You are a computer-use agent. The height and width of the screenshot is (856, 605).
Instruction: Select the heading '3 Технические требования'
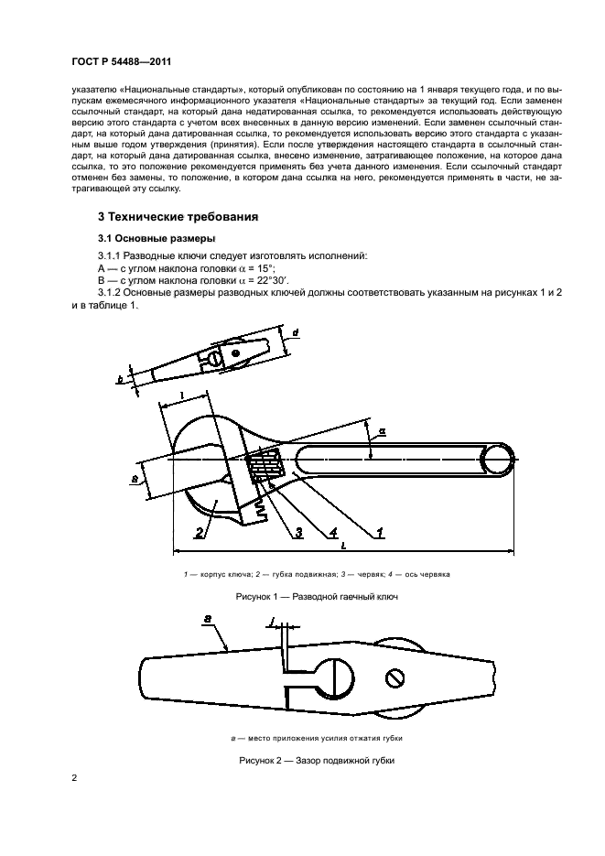(x=178, y=217)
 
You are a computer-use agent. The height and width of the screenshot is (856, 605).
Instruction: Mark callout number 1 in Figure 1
(x=379, y=531)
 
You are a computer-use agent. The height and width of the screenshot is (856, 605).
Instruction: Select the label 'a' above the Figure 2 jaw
(x=209, y=620)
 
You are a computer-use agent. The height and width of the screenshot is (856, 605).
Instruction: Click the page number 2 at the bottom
(x=74, y=777)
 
